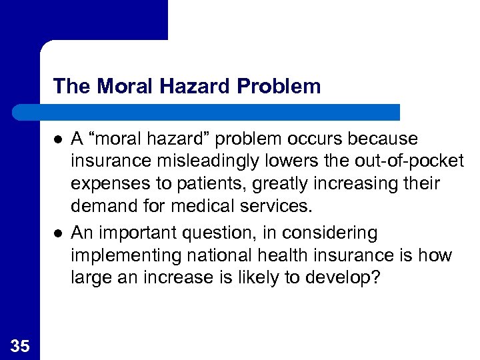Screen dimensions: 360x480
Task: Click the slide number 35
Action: (20, 345)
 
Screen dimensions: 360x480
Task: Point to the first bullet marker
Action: (58, 139)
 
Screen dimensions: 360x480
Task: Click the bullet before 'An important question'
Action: (58, 233)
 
